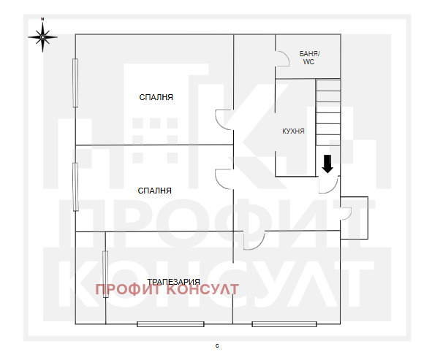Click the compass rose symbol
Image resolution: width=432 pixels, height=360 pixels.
[43, 34]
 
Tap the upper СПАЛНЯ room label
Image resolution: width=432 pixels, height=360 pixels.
[157, 97]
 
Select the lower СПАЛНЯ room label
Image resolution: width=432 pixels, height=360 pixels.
[155, 191]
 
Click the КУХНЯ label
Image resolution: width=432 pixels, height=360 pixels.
[293, 131]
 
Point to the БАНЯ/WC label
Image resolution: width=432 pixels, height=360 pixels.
[310, 58]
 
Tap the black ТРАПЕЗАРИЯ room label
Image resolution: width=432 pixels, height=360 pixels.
[173, 281]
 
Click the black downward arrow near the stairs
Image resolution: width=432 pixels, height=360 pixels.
[327, 164]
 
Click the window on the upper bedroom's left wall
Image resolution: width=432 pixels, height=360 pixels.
[75, 82]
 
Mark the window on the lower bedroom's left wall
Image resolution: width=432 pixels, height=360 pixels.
[75, 187]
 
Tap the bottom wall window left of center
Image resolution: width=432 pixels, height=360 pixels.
[170, 323]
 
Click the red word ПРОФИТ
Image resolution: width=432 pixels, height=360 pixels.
[126, 290]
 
